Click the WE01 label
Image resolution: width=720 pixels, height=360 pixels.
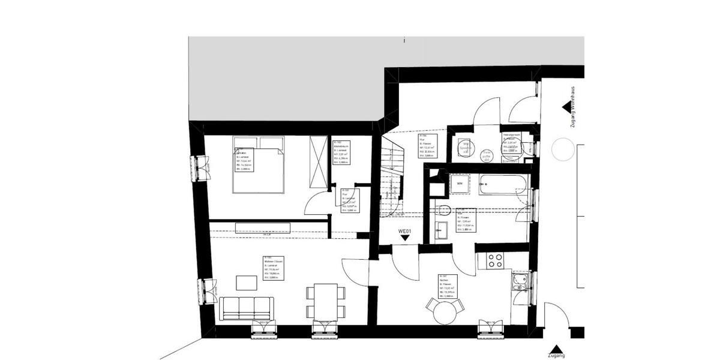(x=406, y=230)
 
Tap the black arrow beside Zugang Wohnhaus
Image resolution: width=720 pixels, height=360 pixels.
(x=566, y=107)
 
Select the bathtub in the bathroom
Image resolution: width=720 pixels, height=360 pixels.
(x=503, y=185)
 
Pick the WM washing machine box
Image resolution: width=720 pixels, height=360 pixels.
(x=460, y=183)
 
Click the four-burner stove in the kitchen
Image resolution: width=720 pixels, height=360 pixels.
(x=496, y=260)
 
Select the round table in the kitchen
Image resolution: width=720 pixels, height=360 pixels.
(x=445, y=311)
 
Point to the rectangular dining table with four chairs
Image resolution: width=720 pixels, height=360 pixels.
(x=326, y=301)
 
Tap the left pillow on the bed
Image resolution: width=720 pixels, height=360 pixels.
(x=245, y=143)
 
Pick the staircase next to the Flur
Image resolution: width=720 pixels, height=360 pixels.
(x=394, y=180)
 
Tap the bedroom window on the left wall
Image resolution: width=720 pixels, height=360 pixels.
(x=198, y=168)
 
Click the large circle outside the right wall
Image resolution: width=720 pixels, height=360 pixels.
(x=563, y=149)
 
